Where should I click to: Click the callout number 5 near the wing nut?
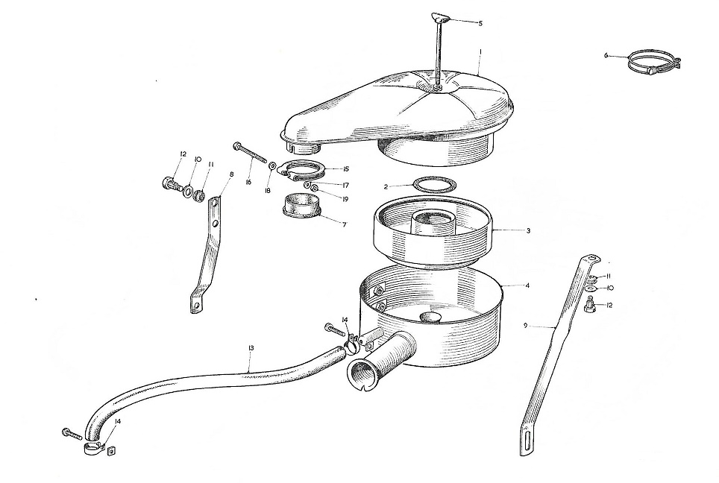point(480,23)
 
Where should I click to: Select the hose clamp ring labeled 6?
point(654,63)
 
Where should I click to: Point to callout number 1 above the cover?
point(480,52)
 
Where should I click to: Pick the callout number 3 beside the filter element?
point(528,231)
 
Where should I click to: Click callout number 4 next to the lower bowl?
point(527,285)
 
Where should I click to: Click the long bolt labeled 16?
point(250,153)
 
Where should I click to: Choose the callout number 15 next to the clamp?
point(346,168)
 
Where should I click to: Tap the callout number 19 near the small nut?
point(345,199)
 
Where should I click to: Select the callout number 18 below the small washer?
point(267,190)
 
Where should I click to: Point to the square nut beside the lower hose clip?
point(110,452)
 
